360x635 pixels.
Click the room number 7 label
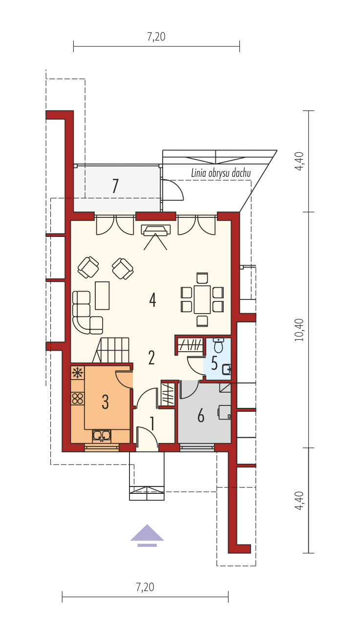coord(115,186)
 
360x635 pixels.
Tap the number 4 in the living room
coord(152,300)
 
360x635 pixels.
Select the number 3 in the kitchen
coord(105,402)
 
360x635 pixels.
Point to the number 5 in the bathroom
coord(214,363)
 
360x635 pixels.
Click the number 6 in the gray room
coord(201,416)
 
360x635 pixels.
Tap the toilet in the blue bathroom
coord(218,345)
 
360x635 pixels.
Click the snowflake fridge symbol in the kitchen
coord(77,373)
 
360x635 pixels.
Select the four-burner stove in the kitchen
coord(77,398)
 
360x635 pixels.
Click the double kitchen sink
coord(102,436)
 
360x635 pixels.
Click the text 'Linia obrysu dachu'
coord(221,173)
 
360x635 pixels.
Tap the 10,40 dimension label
coord(299,330)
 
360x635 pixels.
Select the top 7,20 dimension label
coord(156,37)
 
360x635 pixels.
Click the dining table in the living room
coord(202,299)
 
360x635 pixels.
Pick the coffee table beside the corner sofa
coord(102,296)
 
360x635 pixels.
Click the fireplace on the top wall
coord(156,230)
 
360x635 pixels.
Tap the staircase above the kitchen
coord(111,350)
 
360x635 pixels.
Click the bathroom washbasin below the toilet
coord(227,369)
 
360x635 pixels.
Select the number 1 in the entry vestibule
coord(152,423)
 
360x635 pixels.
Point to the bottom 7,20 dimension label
coord(145,587)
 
